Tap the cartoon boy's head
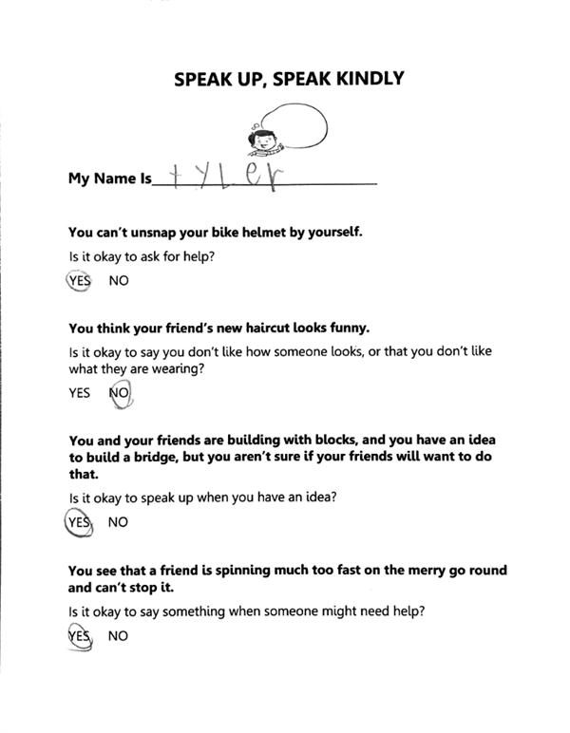point(260,138)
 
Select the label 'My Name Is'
point(109,179)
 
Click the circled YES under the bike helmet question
point(78,281)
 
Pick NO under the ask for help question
point(120,281)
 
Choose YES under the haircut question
point(79,394)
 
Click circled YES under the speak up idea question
point(78,521)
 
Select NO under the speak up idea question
point(119,522)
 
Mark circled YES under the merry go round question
point(79,635)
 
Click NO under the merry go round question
point(119,636)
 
